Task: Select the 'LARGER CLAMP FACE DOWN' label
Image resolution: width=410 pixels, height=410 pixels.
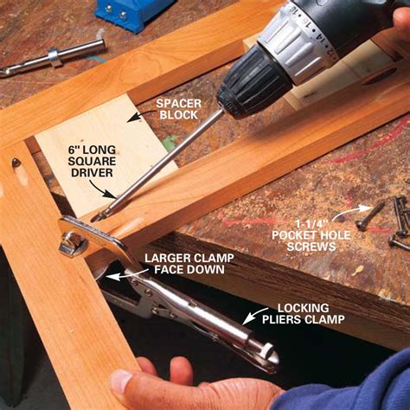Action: tap(185, 263)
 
